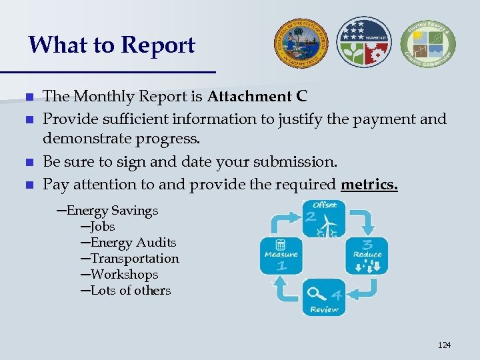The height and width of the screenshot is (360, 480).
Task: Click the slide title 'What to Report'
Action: pyautogui.click(x=112, y=45)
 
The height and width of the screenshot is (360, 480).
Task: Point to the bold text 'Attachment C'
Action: pyautogui.click(x=257, y=97)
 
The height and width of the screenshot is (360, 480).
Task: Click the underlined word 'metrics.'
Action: pyautogui.click(x=369, y=184)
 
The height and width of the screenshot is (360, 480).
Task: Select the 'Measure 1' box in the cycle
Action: pyautogui.click(x=281, y=255)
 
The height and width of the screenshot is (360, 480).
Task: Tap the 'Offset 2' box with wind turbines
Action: pyautogui.click(x=324, y=218)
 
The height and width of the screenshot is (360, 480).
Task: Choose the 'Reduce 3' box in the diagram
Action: pyautogui.click(x=367, y=255)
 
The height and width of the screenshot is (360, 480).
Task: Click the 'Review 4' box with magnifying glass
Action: pyautogui.click(x=324, y=297)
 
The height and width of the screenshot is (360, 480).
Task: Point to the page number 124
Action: pyautogui.click(x=444, y=345)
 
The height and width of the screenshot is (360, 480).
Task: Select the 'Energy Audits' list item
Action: pyautogui.click(x=133, y=243)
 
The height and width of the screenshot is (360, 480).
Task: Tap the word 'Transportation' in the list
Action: pyautogui.click(x=135, y=259)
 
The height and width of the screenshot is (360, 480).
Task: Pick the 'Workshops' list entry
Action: pyautogui.click(x=124, y=275)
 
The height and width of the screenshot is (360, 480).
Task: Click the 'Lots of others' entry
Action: pyautogui.click(x=131, y=291)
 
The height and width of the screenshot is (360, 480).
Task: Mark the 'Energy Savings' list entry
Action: pyautogui.click(x=112, y=211)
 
